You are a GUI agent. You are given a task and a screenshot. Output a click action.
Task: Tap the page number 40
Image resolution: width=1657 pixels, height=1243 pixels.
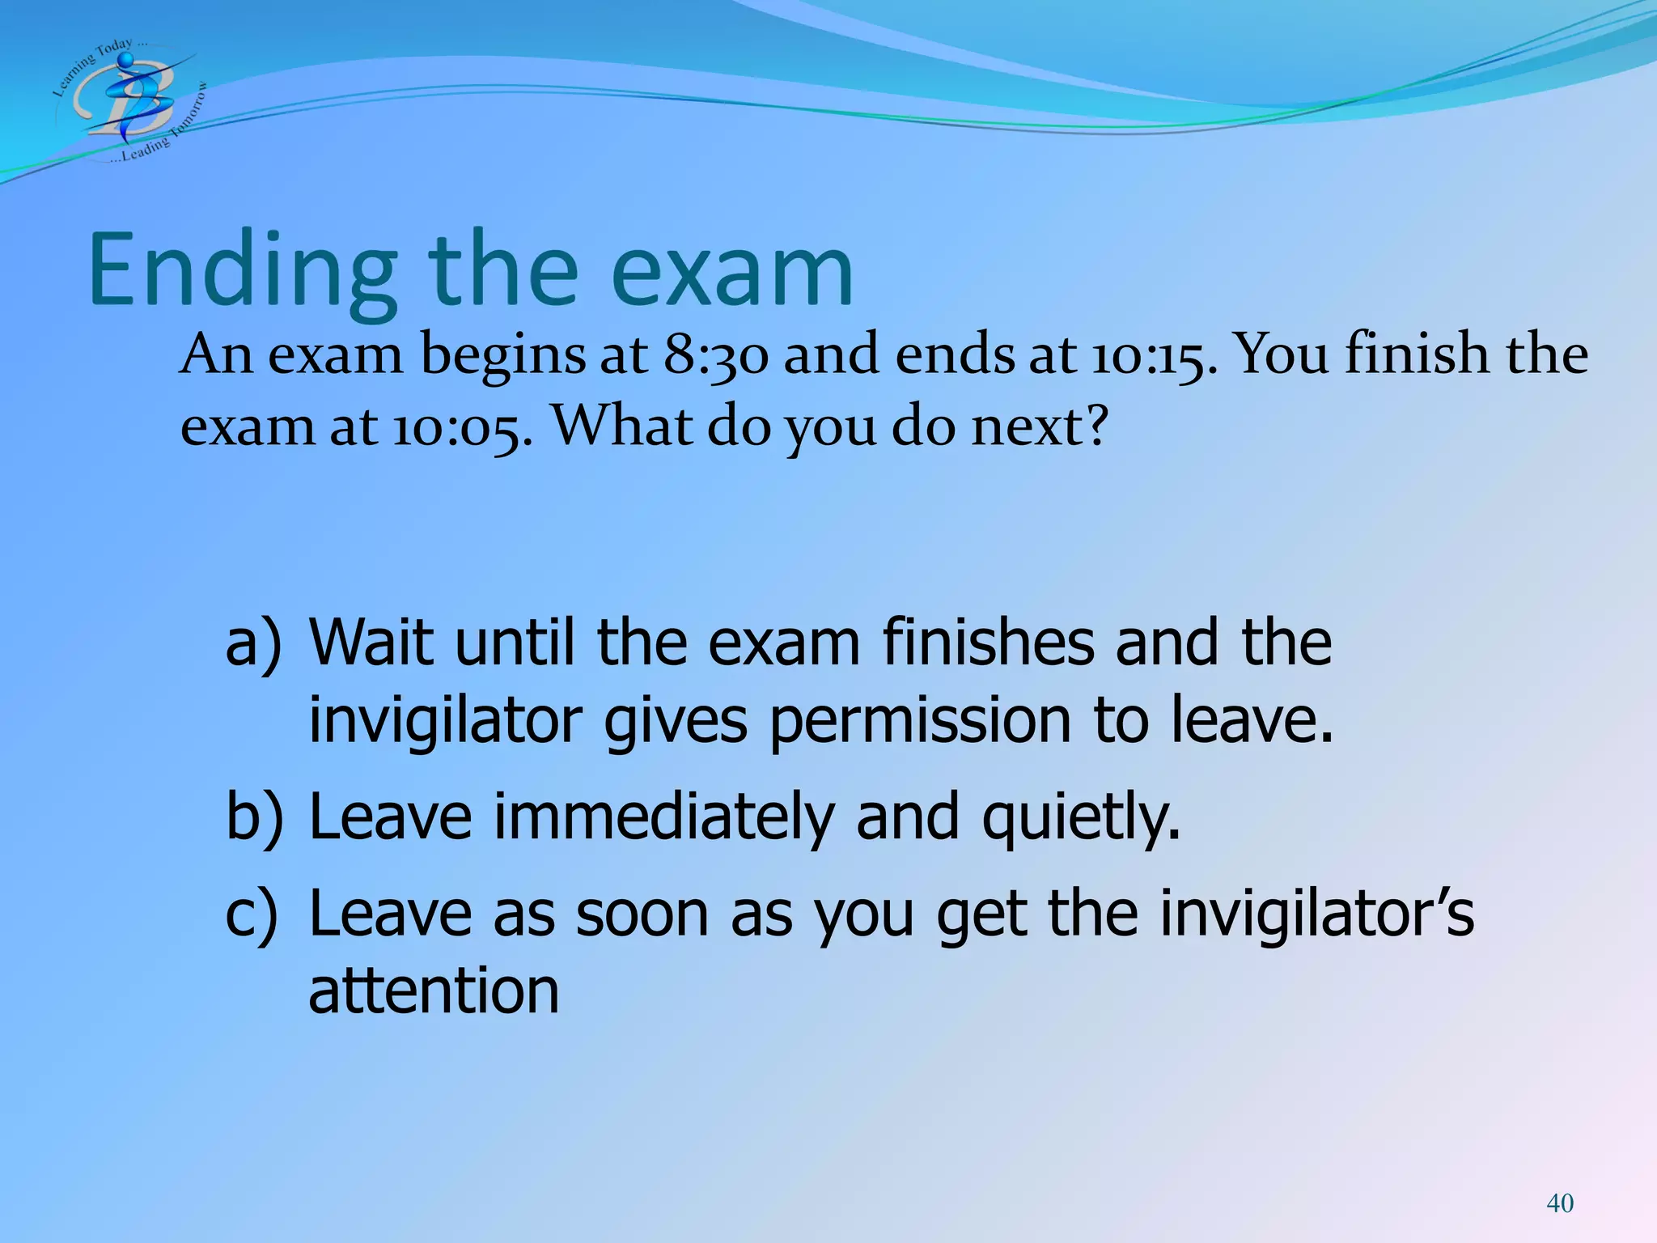(1559, 1203)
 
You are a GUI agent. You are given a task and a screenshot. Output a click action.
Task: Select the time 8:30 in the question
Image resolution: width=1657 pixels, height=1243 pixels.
(715, 356)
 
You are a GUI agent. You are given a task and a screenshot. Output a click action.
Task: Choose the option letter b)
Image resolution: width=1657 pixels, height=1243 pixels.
(254, 817)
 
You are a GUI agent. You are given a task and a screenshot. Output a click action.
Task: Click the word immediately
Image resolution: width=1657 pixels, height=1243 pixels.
(663, 817)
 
